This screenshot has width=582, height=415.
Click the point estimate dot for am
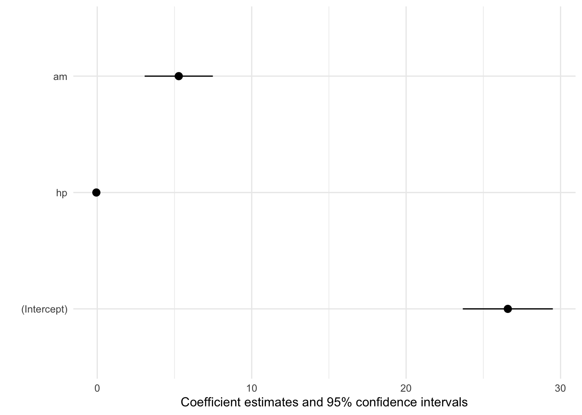[178, 76]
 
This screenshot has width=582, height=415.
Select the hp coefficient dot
[96, 192]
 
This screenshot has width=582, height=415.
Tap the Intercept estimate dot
[508, 309]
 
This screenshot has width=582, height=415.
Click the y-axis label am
[60, 77]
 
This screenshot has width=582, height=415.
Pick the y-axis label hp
[61, 193]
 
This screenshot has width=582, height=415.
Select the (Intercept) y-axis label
[45, 310]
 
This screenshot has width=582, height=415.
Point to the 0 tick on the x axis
[97, 389]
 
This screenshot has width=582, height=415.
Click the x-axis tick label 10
[252, 389]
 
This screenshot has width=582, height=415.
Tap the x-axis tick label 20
[406, 389]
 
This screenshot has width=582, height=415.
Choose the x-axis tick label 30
[560, 389]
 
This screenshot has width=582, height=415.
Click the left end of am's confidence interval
[145, 76]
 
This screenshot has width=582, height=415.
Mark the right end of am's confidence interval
[213, 76]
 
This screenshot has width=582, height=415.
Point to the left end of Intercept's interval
[463, 309]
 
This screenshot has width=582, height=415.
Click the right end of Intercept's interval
[553, 309]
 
